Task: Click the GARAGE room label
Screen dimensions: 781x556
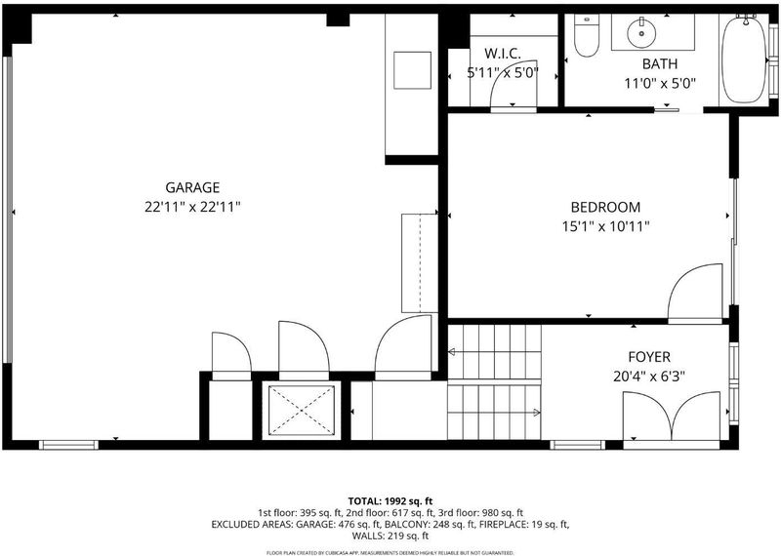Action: (192, 187)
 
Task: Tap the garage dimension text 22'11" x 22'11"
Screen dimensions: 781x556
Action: (192, 207)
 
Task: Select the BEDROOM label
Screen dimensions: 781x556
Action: (605, 207)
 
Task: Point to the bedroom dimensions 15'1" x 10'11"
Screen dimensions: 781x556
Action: (605, 227)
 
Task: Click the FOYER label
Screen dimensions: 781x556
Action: (649, 357)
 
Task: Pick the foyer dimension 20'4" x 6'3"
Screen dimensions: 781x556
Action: (649, 377)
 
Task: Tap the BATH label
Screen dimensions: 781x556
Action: (660, 63)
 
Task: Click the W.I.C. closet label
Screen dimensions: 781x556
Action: (503, 54)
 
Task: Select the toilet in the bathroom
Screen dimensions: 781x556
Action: (587, 35)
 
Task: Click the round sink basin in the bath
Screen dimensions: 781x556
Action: (641, 33)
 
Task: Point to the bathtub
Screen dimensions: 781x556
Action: (744, 59)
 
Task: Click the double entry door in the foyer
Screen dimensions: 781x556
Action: (672, 417)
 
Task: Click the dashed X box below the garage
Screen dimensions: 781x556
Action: (302, 411)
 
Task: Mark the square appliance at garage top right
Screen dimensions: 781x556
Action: (412, 70)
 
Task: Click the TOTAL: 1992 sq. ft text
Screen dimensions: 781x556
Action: (390, 500)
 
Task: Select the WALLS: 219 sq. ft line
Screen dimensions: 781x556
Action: (390, 536)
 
